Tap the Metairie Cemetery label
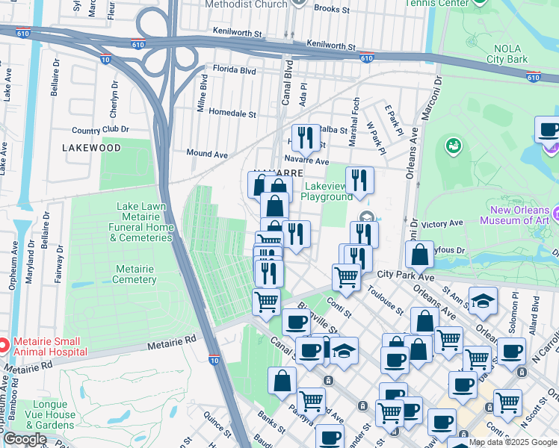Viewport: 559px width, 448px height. coord(135,274)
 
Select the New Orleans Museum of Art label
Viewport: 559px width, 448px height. coord(506,216)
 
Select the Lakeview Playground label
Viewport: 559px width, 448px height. coord(326,191)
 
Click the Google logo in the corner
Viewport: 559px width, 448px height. coord(25,439)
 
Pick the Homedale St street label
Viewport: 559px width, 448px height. coord(232,114)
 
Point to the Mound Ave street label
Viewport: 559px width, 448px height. coord(207,154)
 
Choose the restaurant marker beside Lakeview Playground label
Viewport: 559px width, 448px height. coord(359,180)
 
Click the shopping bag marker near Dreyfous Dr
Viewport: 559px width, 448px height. coord(420,254)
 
